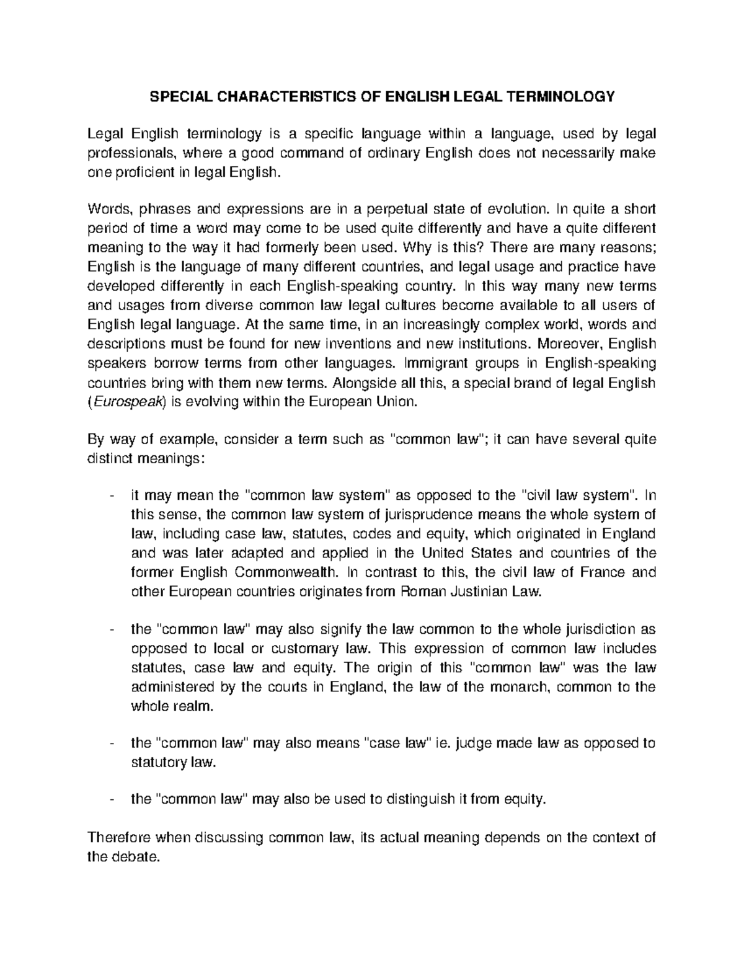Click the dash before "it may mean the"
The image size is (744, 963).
pyautogui.click(x=111, y=496)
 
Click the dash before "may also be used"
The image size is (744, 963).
pyautogui.click(x=111, y=801)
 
